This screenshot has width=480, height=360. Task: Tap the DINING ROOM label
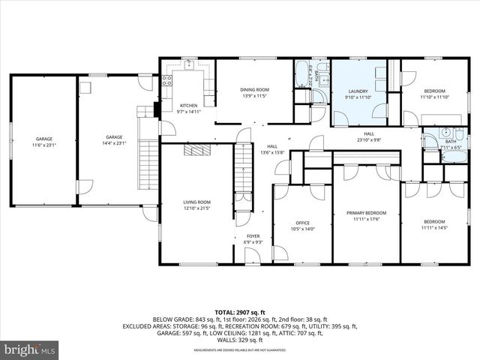(x=254, y=90)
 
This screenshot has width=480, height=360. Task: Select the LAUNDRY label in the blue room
(x=357, y=91)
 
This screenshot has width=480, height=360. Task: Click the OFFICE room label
(x=302, y=223)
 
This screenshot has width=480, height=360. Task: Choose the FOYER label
(x=253, y=236)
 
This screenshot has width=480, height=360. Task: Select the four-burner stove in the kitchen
(x=168, y=80)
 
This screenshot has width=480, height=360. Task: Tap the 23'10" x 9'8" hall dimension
(x=368, y=139)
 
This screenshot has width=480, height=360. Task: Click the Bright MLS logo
(x=30, y=349)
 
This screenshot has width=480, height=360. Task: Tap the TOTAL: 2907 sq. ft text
(x=240, y=310)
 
